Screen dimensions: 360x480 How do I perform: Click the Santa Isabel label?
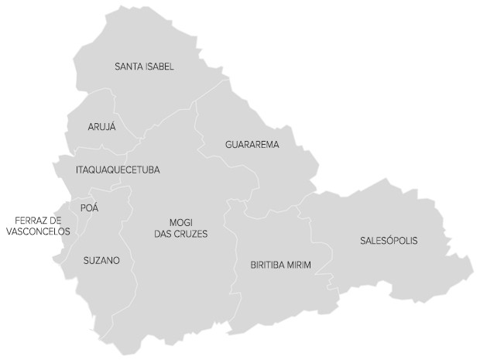(144, 67)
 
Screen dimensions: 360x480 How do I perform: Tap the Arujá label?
(101, 127)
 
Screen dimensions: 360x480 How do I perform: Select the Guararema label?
(252, 145)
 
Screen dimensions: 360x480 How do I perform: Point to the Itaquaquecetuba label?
(118, 170)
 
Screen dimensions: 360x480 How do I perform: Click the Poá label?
(90, 207)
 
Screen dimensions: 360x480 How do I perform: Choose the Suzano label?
(101, 261)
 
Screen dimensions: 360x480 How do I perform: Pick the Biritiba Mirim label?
(280, 265)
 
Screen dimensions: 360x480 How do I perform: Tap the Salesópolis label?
(389, 241)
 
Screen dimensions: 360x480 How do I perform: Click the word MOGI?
(180, 222)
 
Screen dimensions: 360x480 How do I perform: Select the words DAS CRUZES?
(180, 234)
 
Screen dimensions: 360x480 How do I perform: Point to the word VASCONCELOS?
(38, 231)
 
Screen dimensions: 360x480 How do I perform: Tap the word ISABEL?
(159, 67)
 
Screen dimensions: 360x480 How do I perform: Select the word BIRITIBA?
(266, 265)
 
